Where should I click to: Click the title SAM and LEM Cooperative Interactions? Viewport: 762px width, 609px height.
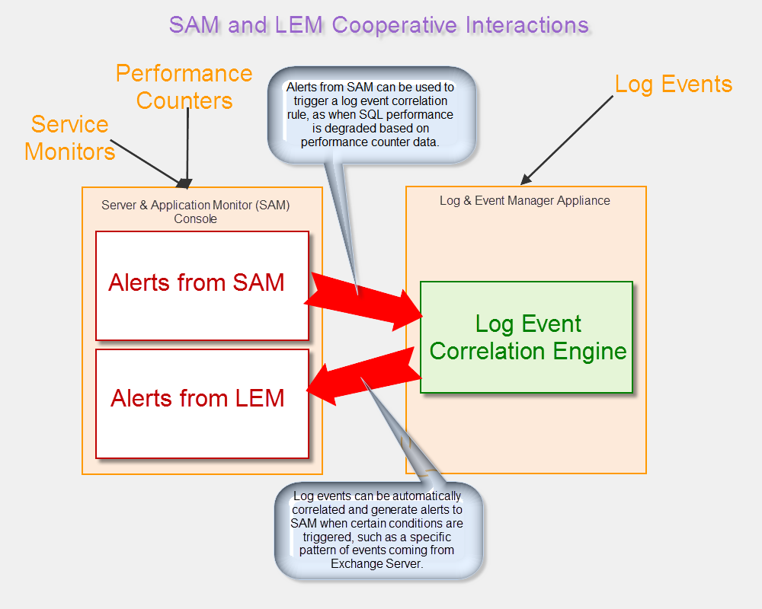coord(379,24)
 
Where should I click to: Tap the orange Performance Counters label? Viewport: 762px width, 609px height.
coord(184,87)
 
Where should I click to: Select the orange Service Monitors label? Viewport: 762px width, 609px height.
coord(69,138)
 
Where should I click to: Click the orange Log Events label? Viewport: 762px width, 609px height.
coord(674,84)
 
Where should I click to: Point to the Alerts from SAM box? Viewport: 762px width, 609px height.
coord(202,285)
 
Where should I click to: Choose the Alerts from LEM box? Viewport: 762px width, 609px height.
coord(202,403)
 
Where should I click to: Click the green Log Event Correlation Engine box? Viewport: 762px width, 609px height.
coord(527,337)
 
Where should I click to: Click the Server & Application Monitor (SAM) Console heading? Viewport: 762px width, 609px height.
coord(196,212)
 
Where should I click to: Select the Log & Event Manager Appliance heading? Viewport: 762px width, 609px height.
coord(525,201)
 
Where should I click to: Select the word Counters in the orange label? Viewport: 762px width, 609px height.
coord(184,100)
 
